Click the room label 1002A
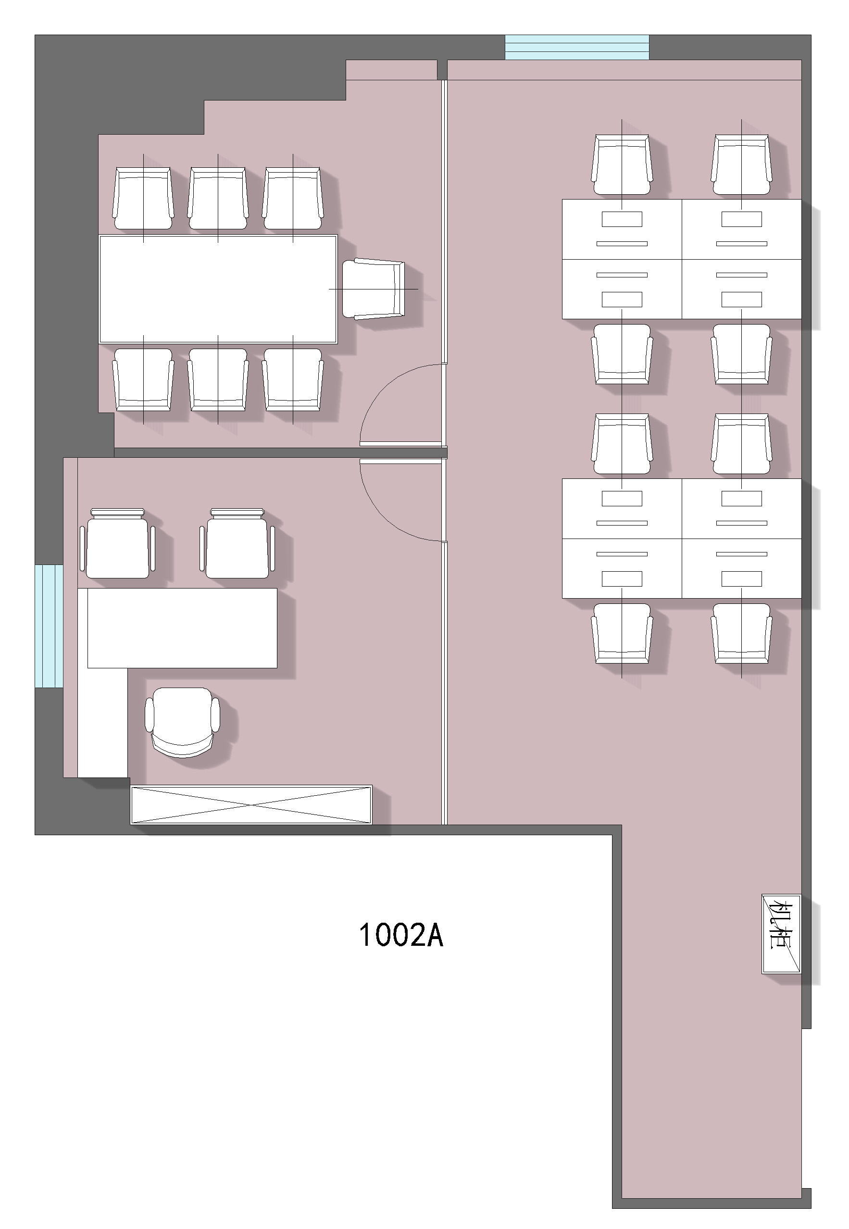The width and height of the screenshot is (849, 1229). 401,935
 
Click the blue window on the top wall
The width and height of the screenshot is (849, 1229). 577,47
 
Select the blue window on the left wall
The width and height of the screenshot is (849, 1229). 49,626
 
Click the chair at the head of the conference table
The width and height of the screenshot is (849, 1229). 374,289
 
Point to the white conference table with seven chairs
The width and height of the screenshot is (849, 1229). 218,289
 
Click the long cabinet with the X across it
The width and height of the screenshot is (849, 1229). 251,804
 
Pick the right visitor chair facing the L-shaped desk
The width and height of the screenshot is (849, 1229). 237,543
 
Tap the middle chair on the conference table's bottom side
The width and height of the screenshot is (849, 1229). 218,379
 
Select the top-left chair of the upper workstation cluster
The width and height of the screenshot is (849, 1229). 622,164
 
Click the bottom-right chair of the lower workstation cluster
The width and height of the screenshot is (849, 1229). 741,633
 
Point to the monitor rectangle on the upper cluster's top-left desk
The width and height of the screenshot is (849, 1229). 622,219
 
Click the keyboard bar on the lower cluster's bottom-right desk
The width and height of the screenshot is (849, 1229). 741,554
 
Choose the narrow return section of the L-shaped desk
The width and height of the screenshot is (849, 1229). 103,723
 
